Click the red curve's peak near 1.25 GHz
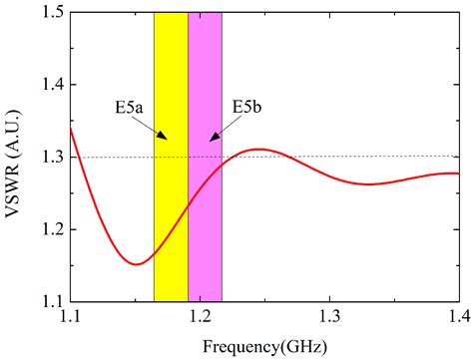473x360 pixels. (258, 150)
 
